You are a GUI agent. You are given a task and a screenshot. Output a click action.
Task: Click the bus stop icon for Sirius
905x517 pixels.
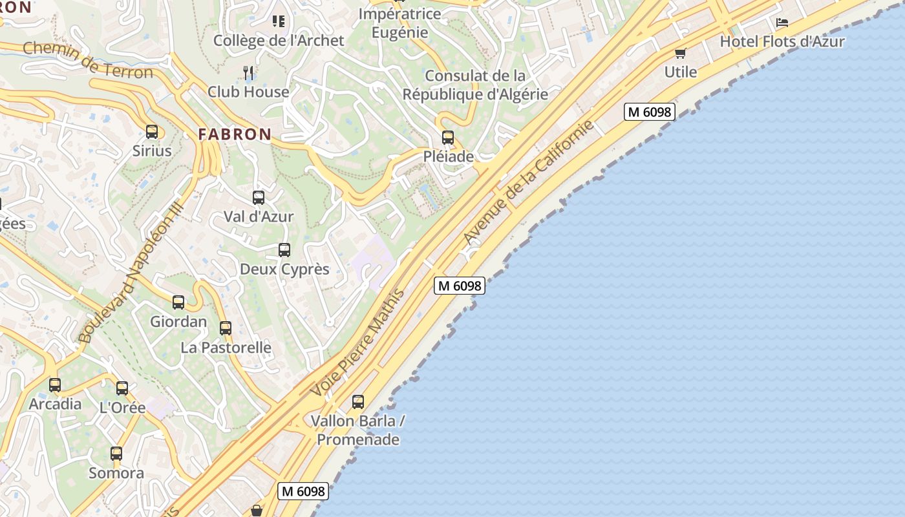tap(152, 132)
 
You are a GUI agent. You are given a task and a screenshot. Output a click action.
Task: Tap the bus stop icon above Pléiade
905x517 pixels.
tap(448, 137)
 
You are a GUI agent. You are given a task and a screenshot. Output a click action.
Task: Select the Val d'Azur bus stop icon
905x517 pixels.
tap(259, 198)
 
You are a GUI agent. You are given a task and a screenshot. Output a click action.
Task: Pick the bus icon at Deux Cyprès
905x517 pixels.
tap(284, 250)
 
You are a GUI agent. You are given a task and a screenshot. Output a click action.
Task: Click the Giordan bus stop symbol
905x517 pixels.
tap(178, 302)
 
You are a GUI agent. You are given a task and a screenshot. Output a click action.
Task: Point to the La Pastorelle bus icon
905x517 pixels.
tap(226, 328)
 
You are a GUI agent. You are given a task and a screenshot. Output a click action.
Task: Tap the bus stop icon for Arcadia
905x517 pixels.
tap(55, 385)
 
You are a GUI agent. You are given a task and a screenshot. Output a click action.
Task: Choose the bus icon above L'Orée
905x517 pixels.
tap(122, 388)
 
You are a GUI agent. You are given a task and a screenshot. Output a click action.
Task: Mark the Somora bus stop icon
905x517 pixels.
tap(116, 454)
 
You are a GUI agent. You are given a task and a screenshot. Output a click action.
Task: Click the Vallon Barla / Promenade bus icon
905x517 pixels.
tap(358, 402)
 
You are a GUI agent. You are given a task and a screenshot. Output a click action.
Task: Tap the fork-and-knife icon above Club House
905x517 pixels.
tap(249, 72)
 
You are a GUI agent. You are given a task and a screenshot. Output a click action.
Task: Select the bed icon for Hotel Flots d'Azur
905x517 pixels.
tap(782, 23)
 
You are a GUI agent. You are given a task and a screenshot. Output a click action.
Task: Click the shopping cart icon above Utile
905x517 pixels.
tap(680, 53)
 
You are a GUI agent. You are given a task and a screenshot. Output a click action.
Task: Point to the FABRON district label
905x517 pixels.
tap(235, 134)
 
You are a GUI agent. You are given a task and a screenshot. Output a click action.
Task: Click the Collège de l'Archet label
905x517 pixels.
tap(279, 40)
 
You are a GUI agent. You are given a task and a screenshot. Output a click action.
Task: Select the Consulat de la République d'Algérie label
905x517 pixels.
tap(475, 85)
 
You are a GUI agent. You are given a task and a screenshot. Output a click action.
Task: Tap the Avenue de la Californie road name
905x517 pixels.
tap(528, 183)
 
